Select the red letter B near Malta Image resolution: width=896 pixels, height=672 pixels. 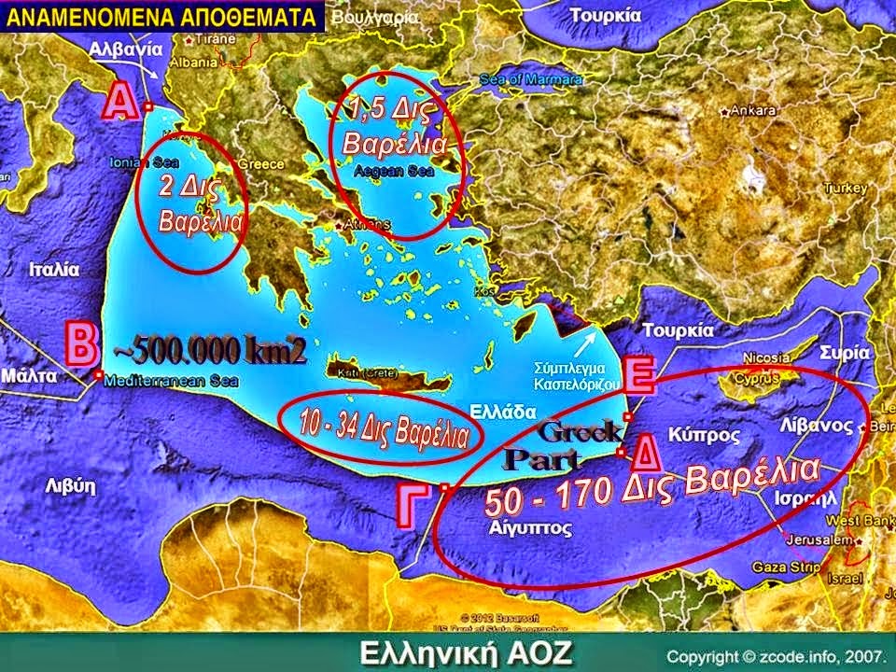click(x=80, y=343)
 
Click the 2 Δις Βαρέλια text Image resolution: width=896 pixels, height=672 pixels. click(x=189, y=204)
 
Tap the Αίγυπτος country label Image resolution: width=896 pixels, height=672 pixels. click(x=529, y=527)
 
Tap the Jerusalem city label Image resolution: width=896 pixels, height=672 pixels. click(x=822, y=540)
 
